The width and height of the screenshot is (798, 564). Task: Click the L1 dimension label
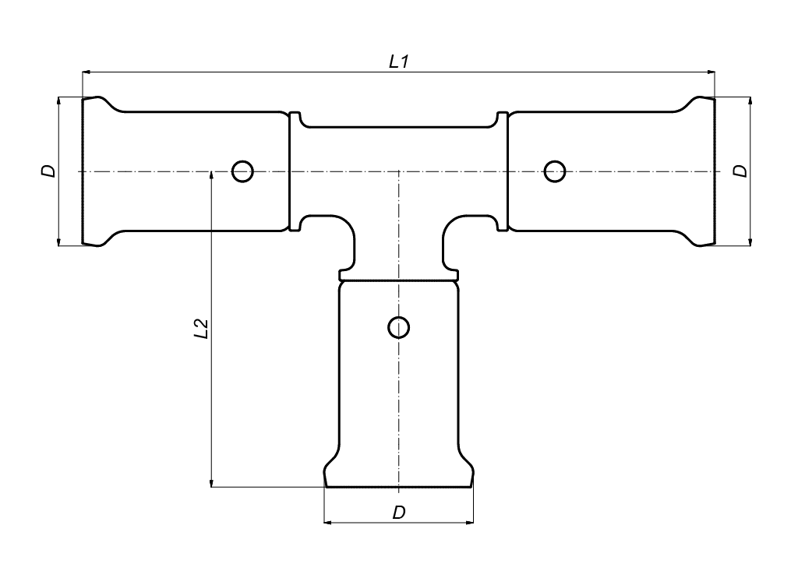click(x=398, y=62)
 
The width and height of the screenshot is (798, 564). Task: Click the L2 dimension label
click(x=202, y=329)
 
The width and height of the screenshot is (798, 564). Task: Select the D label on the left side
click(x=48, y=171)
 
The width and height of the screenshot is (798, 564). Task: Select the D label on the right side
click(x=740, y=171)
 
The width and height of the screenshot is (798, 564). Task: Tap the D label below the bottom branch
click(x=399, y=513)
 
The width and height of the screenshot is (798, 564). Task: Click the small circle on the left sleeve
click(x=242, y=171)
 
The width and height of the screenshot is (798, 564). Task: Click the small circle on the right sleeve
click(x=555, y=171)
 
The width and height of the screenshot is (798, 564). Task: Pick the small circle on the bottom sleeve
click(x=398, y=327)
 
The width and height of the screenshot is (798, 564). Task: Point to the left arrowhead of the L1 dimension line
click(x=87, y=72)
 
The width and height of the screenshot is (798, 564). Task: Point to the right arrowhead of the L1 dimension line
click(x=711, y=72)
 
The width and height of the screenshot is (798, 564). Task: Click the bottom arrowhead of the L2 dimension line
click(x=210, y=482)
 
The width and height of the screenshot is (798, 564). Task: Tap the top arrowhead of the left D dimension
click(x=59, y=101)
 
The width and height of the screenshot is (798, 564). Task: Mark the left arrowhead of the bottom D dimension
click(x=329, y=522)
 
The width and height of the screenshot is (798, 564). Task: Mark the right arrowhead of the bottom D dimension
click(x=468, y=522)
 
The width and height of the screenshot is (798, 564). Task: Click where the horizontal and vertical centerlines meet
click(x=398, y=172)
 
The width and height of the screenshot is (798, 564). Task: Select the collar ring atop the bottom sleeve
click(x=398, y=275)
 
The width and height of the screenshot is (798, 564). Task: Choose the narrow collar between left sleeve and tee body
click(x=295, y=171)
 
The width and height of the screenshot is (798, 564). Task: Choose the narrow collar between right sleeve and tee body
click(x=503, y=171)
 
